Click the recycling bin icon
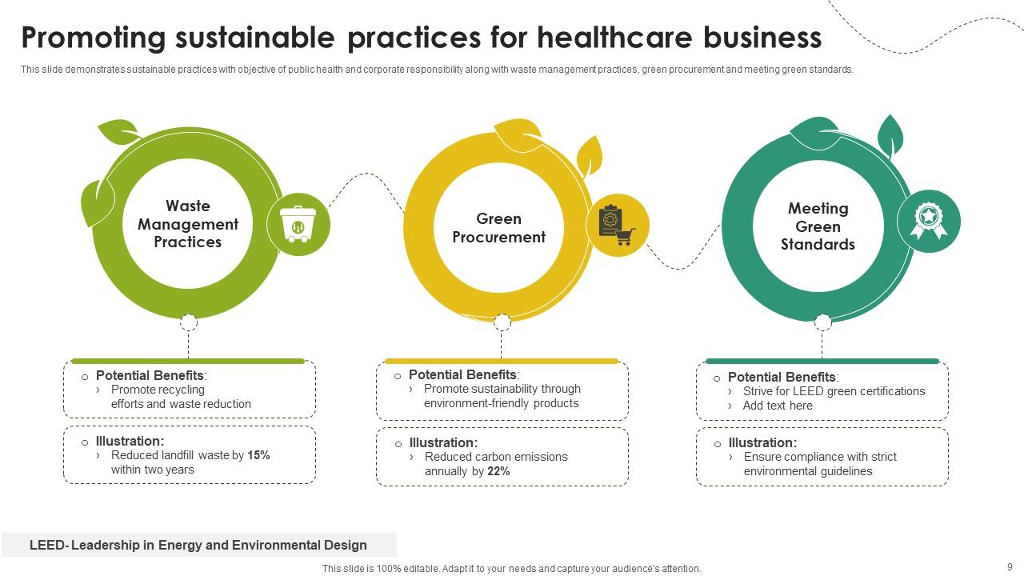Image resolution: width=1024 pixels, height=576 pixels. (298, 224)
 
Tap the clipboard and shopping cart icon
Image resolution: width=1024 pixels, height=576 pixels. (617, 225)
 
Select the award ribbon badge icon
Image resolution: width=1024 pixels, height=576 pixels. (929, 220)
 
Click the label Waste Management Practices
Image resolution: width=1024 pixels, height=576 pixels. (188, 224)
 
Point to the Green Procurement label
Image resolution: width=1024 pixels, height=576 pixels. (498, 228)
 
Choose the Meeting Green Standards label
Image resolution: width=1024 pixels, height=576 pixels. (818, 226)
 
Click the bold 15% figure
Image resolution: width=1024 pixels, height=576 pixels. (258, 455)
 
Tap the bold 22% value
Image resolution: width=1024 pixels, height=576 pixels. (498, 471)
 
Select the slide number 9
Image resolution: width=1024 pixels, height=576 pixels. (1010, 567)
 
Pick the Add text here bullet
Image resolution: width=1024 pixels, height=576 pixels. (777, 406)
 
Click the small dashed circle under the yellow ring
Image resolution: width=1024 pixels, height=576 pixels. (502, 322)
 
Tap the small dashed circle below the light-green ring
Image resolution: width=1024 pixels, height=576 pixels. (188, 322)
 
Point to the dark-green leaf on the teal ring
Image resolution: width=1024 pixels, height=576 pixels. (890, 135)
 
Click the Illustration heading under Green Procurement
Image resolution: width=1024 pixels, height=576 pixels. (443, 442)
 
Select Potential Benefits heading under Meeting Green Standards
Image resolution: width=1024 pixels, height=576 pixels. (782, 377)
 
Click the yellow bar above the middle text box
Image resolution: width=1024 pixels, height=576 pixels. (502, 361)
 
